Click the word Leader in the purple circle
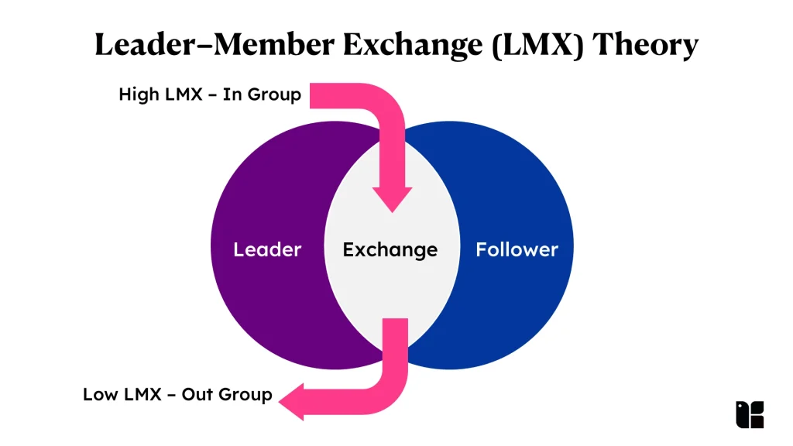coord(267,249)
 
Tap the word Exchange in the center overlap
coord(390,250)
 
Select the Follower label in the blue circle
coord(517,249)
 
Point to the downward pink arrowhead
coord(392,199)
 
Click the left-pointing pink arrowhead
coord(292,402)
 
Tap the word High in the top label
coord(139,94)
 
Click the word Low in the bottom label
coord(101,394)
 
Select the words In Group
coord(262,94)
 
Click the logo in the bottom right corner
coord(750,415)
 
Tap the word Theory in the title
coord(645,44)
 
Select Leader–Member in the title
coord(215,44)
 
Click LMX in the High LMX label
coord(183,94)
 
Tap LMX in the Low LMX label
coord(142,394)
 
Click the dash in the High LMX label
coord(212,95)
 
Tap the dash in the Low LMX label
coord(171,395)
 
